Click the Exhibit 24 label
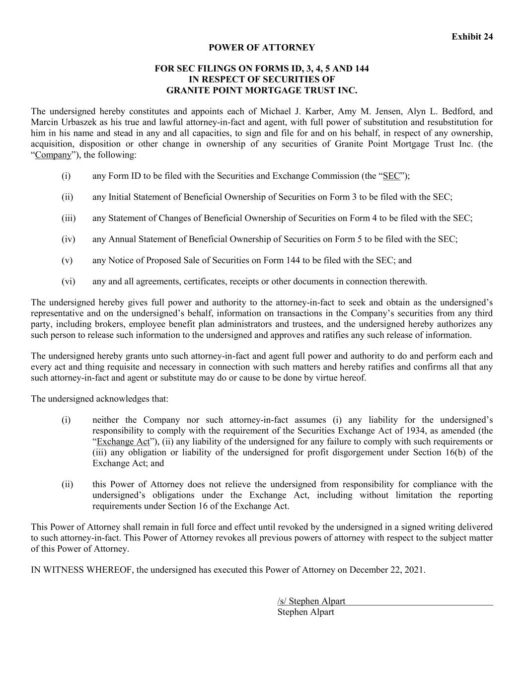point(472,37)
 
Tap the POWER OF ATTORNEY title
point(262,48)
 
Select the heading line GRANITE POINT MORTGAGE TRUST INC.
point(262,90)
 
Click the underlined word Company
point(53,155)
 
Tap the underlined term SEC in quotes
point(391,176)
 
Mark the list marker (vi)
point(69,282)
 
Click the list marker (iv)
point(69,239)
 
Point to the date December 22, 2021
point(387,570)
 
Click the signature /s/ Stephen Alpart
point(311,602)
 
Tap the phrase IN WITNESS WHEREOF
point(82,570)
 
